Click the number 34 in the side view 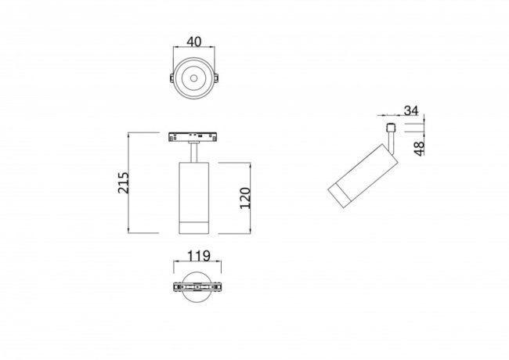pyautogui.click(x=411, y=110)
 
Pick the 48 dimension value pyautogui.click(x=420, y=145)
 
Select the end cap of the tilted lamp pyautogui.click(x=338, y=197)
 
